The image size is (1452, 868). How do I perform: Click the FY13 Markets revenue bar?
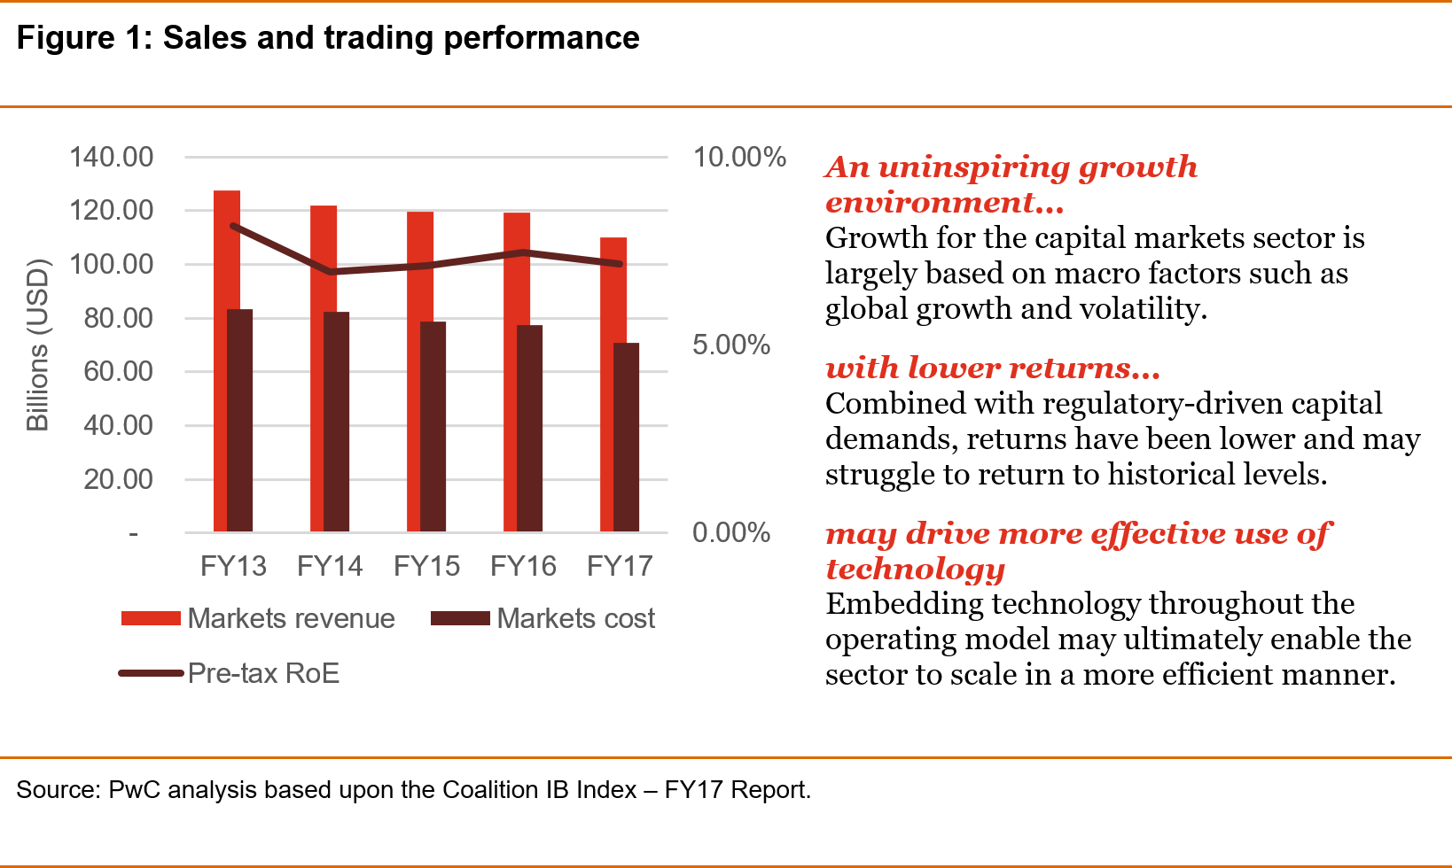coord(220,354)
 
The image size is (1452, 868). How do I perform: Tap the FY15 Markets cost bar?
coord(433,426)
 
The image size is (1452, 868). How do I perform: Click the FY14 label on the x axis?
coord(330,566)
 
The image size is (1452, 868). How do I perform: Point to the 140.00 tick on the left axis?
coord(112,157)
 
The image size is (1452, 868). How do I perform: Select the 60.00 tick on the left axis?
coord(118,371)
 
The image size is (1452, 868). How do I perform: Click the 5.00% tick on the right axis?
coord(731,345)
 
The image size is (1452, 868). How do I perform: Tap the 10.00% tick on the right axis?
coord(739,157)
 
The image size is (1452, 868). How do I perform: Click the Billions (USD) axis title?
coord(37,345)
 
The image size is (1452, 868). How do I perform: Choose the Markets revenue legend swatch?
coord(151,618)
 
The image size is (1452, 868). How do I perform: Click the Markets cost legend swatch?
coord(460,618)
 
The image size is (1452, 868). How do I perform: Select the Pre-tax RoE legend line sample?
coord(151,673)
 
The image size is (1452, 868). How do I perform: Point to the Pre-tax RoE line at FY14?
coord(331,271)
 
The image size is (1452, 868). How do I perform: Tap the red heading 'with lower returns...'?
coord(992,368)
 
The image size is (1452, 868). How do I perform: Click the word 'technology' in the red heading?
coord(915,569)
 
